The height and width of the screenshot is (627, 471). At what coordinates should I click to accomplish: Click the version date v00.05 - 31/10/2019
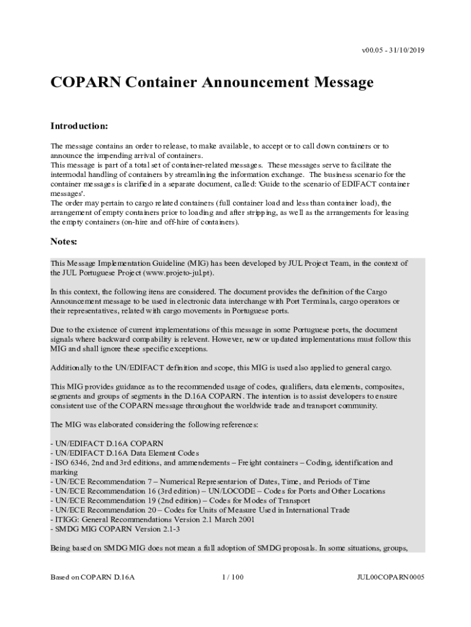[x=384, y=50]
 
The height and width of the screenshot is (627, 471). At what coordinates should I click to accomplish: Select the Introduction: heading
[x=79, y=126]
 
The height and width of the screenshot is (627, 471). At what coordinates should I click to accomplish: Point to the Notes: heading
[x=64, y=242]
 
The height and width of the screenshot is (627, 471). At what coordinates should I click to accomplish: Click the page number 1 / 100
[x=235, y=577]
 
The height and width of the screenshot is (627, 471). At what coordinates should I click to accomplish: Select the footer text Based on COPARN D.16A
[x=92, y=577]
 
